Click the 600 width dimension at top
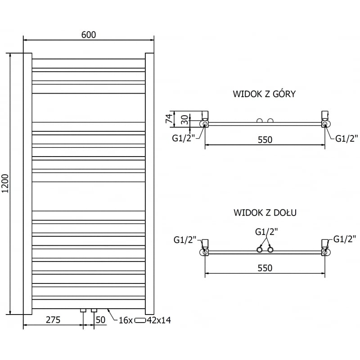coord(89,35)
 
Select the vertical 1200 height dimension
coord(5,183)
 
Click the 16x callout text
coord(126,320)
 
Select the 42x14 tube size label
coord(159,320)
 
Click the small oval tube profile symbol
coord(141,320)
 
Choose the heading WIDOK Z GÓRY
coord(264,94)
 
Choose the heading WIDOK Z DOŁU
coord(265,212)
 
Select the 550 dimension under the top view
coord(265,139)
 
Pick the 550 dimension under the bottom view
coord(265,268)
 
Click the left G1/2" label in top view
coord(183,138)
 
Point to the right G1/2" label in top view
coord(346,138)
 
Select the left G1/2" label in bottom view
coord(185,240)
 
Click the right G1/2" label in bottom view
coord(345,238)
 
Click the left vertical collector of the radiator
coord(27,184)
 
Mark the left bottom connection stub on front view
coord(83,310)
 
